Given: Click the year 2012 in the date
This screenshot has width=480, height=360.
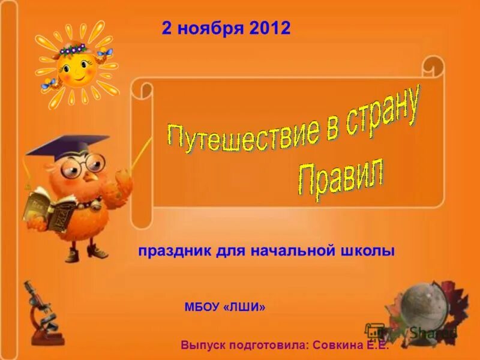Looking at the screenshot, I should [271, 28].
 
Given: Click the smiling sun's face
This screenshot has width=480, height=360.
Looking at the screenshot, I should [75, 69].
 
